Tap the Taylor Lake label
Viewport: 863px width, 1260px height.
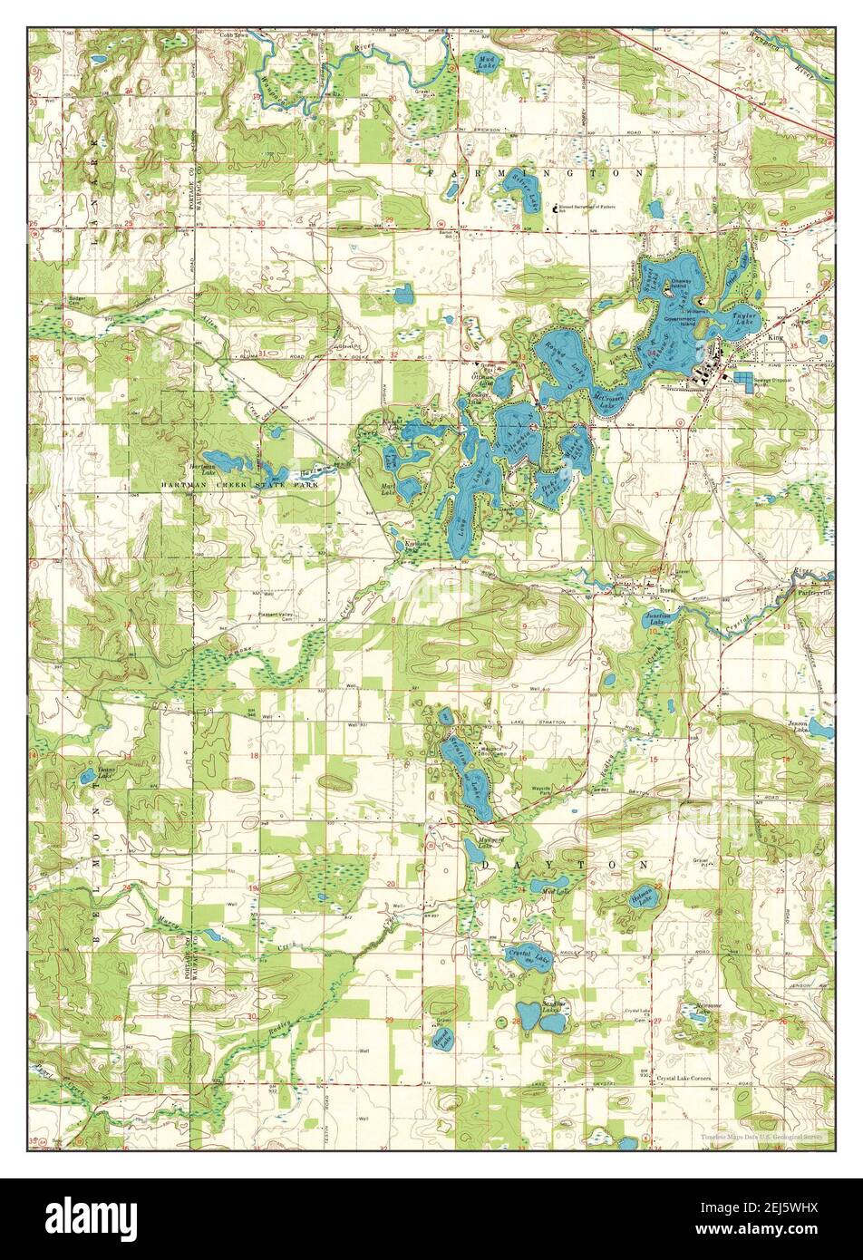coord(744,319)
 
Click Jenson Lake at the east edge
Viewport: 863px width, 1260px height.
coord(819,727)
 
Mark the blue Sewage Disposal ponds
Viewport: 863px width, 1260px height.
coord(745,380)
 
